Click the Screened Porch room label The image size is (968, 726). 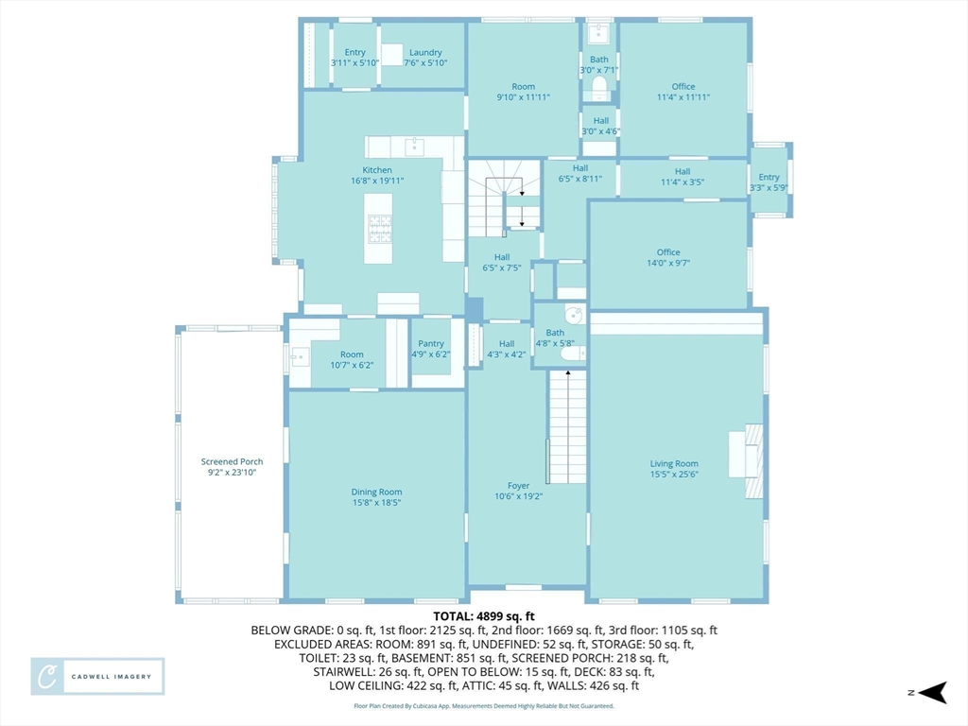tap(233, 467)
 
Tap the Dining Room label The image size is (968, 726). tap(376, 497)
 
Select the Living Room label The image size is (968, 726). tap(674, 469)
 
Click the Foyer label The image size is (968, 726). tap(519, 491)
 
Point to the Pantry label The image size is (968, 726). tap(431, 349)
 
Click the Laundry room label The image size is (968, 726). tap(425, 58)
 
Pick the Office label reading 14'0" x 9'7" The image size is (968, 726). tap(668, 257)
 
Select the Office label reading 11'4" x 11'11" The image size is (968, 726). tap(683, 92)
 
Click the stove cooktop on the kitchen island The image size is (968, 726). tap(380, 229)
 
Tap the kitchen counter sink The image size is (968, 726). tap(414, 147)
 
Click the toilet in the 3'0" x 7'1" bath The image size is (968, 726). tap(598, 88)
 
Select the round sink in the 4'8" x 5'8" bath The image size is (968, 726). tap(576, 314)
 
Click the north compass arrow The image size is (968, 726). tap(932, 693)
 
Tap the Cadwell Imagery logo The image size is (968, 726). tap(97, 677)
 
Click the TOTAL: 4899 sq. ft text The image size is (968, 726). tap(484, 616)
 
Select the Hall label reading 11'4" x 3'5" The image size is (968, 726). tap(683, 177)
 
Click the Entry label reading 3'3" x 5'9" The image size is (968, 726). tap(769, 182)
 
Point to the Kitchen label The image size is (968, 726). tap(377, 175)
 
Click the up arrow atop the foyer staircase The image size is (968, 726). tap(568, 372)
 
